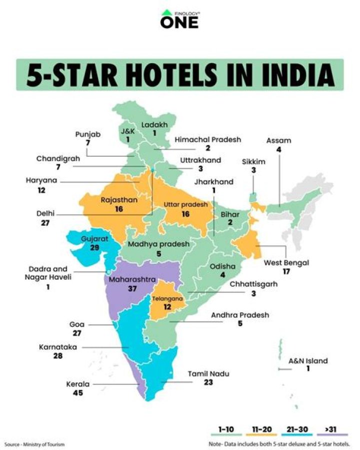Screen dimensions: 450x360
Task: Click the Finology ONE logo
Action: [179, 19]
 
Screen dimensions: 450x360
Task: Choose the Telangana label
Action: [167, 298]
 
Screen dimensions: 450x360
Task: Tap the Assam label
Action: [279, 140]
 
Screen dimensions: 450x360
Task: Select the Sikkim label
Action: [253, 162]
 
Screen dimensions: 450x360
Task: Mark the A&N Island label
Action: [309, 360]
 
